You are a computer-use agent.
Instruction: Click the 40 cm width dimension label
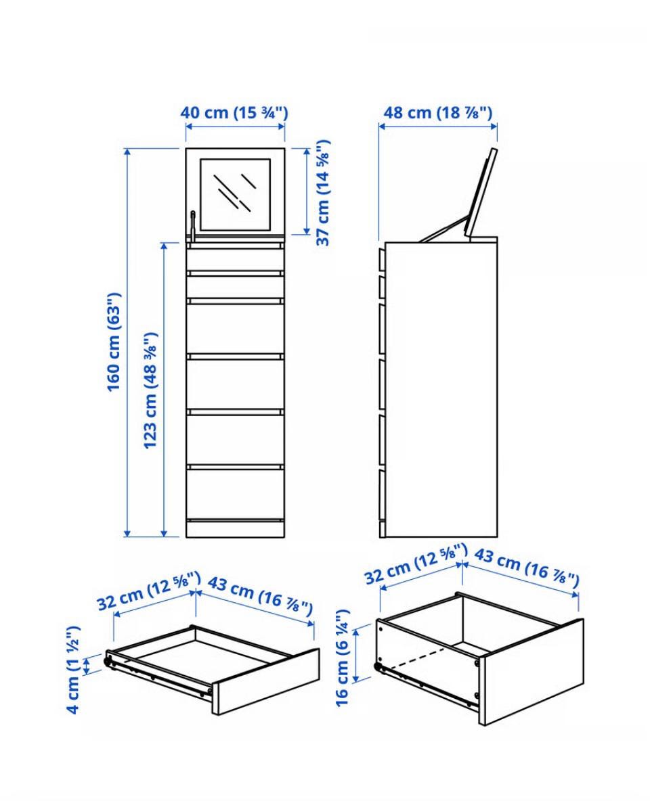point(234,112)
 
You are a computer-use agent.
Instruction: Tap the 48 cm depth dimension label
point(438,112)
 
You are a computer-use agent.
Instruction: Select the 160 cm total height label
point(114,342)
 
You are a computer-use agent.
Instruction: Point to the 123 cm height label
point(150,391)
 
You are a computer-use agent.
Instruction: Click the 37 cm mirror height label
point(323,193)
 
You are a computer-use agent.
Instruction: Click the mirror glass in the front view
point(235,194)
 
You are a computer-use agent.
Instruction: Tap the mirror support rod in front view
point(192,226)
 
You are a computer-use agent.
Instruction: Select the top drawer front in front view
point(235,258)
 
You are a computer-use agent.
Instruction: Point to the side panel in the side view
point(441,390)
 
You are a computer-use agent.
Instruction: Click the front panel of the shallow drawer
point(266,682)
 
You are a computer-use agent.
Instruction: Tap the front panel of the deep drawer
point(532,672)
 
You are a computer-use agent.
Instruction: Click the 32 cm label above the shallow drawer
point(148,591)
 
